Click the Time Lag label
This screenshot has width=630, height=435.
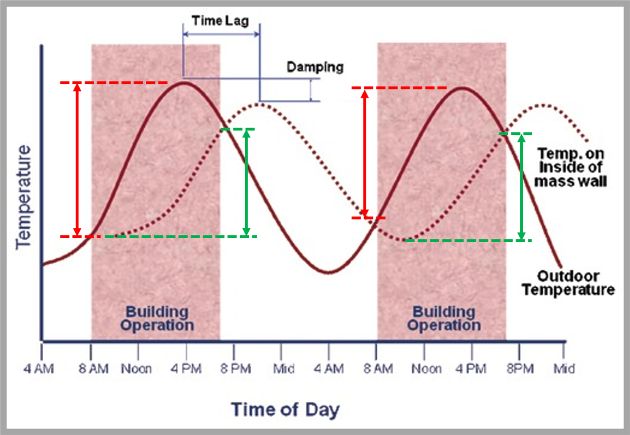pyautogui.click(x=220, y=21)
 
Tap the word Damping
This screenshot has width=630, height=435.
pyautogui.click(x=315, y=67)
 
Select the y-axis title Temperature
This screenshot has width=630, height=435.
pyautogui.click(x=24, y=197)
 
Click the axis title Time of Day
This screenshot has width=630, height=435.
pyautogui.click(x=285, y=410)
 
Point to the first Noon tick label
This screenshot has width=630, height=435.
pyautogui.click(x=136, y=369)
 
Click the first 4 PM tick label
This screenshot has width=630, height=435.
pyautogui.click(x=186, y=369)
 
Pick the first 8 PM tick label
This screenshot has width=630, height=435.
pyautogui.click(x=236, y=369)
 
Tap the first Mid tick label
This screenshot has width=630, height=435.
pyautogui.click(x=284, y=369)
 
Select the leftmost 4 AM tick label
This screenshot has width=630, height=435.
pyautogui.click(x=39, y=369)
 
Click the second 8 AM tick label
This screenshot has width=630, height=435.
pyautogui.click(x=378, y=369)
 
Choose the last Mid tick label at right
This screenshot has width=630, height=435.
pyautogui.click(x=564, y=369)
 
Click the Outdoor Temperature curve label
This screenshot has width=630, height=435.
pyautogui.click(x=568, y=283)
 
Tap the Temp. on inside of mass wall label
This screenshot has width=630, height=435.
pyautogui.click(x=571, y=167)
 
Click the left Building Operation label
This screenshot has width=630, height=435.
pyautogui.click(x=157, y=319)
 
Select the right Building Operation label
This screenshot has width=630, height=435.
pyautogui.click(x=444, y=319)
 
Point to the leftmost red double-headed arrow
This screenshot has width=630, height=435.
pyautogui.click(x=77, y=160)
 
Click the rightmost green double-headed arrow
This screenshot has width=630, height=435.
pyautogui.click(x=521, y=187)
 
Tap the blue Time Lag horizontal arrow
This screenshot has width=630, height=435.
pyautogui.click(x=221, y=34)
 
